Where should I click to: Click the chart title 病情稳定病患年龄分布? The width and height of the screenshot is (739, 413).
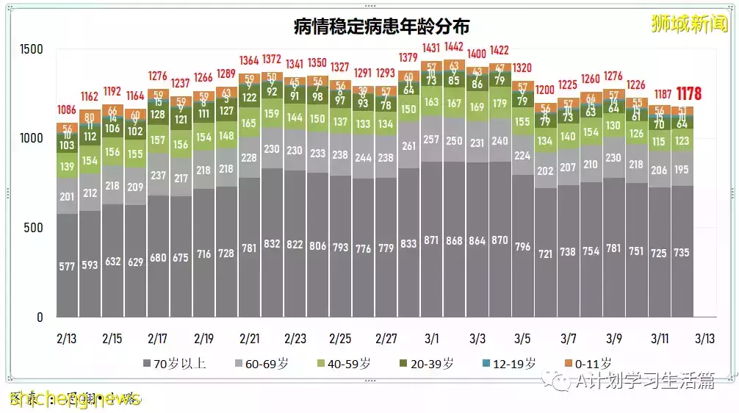pyautogui.click(x=381, y=26)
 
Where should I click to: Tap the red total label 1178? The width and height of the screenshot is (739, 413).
pyautogui.click(x=688, y=94)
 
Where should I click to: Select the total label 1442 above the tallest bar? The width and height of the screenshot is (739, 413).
pyautogui.click(x=455, y=47)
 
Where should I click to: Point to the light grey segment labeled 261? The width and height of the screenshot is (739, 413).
pyautogui.click(x=409, y=146)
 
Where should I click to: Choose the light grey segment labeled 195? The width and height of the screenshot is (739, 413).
pyautogui.click(x=682, y=170)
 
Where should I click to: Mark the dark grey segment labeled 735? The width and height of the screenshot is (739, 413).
pyautogui.click(x=682, y=252)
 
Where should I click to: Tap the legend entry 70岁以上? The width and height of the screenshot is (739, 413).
pyautogui.click(x=173, y=363)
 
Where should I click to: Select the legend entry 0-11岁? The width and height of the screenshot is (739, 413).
pyautogui.click(x=588, y=363)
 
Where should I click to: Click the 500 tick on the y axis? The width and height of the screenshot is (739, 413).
pyautogui.click(x=35, y=228)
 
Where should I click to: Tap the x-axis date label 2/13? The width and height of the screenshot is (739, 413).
pyautogui.click(x=66, y=339)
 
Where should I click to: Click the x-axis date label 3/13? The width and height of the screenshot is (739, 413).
pyautogui.click(x=705, y=339)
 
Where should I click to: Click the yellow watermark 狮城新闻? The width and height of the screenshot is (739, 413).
pyautogui.click(x=688, y=24)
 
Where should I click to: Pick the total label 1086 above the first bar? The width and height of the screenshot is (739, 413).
pyautogui.click(x=67, y=109)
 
